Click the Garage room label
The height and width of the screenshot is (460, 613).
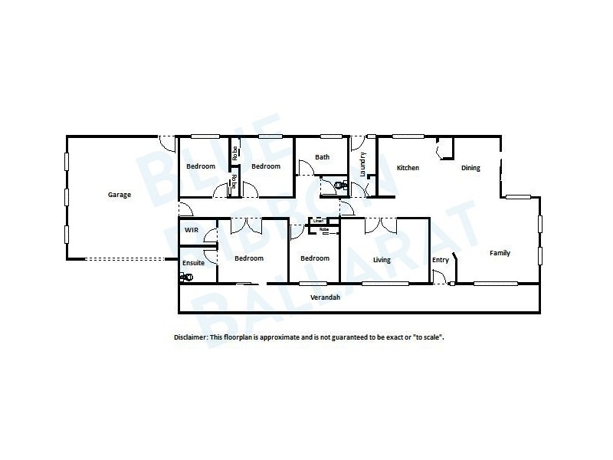(119, 195)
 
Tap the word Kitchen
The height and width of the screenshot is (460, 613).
(408, 168)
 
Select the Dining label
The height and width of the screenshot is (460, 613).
(470, 168)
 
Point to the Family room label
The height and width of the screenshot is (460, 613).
(500, 253)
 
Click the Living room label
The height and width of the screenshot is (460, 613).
(382, 260)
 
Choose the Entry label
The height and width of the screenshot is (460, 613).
(441, 260)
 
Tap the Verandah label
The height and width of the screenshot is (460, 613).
(325, 297)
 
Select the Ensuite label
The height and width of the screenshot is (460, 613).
(194, 262)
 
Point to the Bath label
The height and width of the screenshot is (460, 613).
(323, 157)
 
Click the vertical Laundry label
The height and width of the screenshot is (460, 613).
(362, 165)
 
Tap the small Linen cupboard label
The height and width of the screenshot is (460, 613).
(317, 222)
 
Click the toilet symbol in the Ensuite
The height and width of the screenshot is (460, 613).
(185, 278)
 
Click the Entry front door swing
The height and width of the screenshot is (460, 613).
(438, 279)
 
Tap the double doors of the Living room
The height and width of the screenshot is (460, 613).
(381, 225)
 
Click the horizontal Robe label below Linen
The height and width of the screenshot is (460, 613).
(324, 229)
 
